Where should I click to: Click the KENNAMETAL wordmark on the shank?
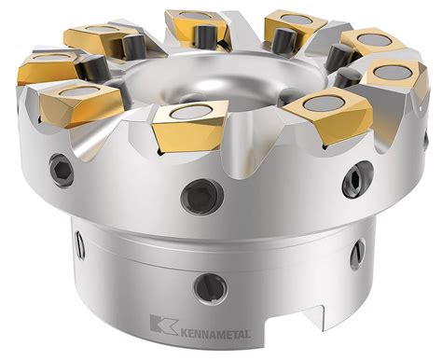coord(214,333)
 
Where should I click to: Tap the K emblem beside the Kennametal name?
coord(163,327)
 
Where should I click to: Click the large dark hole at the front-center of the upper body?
coord(202,197)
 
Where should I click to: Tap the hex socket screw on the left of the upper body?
coord(62,169)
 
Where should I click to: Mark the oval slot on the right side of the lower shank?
coord(357,255)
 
